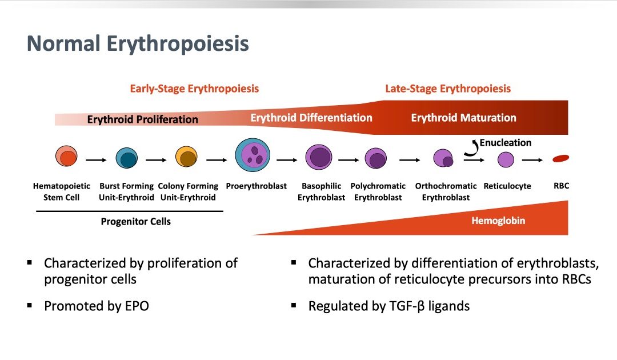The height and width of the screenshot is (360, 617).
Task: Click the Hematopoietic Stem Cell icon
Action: [66, 156]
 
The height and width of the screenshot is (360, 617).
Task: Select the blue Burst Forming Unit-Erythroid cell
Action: [127, 158]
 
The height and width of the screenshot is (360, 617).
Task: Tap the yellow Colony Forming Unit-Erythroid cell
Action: [186, 157]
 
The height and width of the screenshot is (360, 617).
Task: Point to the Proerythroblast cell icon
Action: [253, 155]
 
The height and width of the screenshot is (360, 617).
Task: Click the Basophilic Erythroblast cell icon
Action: [319, 157]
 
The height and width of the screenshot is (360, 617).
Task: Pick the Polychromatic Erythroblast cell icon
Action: [376, 158]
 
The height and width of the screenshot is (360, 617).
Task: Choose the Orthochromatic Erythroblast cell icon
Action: [443, 158]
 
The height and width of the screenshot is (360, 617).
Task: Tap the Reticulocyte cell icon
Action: [506, 160]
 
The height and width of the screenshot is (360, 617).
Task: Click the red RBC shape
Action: [561, 158]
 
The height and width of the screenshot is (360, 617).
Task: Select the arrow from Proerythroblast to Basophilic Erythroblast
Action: [287, 160]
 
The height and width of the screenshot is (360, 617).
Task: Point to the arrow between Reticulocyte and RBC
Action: [532, 160]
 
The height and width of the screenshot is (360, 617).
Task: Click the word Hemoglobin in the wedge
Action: [498, 221]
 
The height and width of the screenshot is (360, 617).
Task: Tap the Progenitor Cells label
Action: [136, 222]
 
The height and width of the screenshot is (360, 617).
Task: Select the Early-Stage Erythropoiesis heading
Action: [194, 89]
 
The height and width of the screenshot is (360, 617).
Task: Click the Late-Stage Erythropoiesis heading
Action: [448, 89]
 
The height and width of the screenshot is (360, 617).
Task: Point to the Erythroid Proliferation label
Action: [142, 119]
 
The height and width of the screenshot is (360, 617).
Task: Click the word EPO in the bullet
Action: [137, 306]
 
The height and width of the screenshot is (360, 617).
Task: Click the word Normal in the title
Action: [63, 43]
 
